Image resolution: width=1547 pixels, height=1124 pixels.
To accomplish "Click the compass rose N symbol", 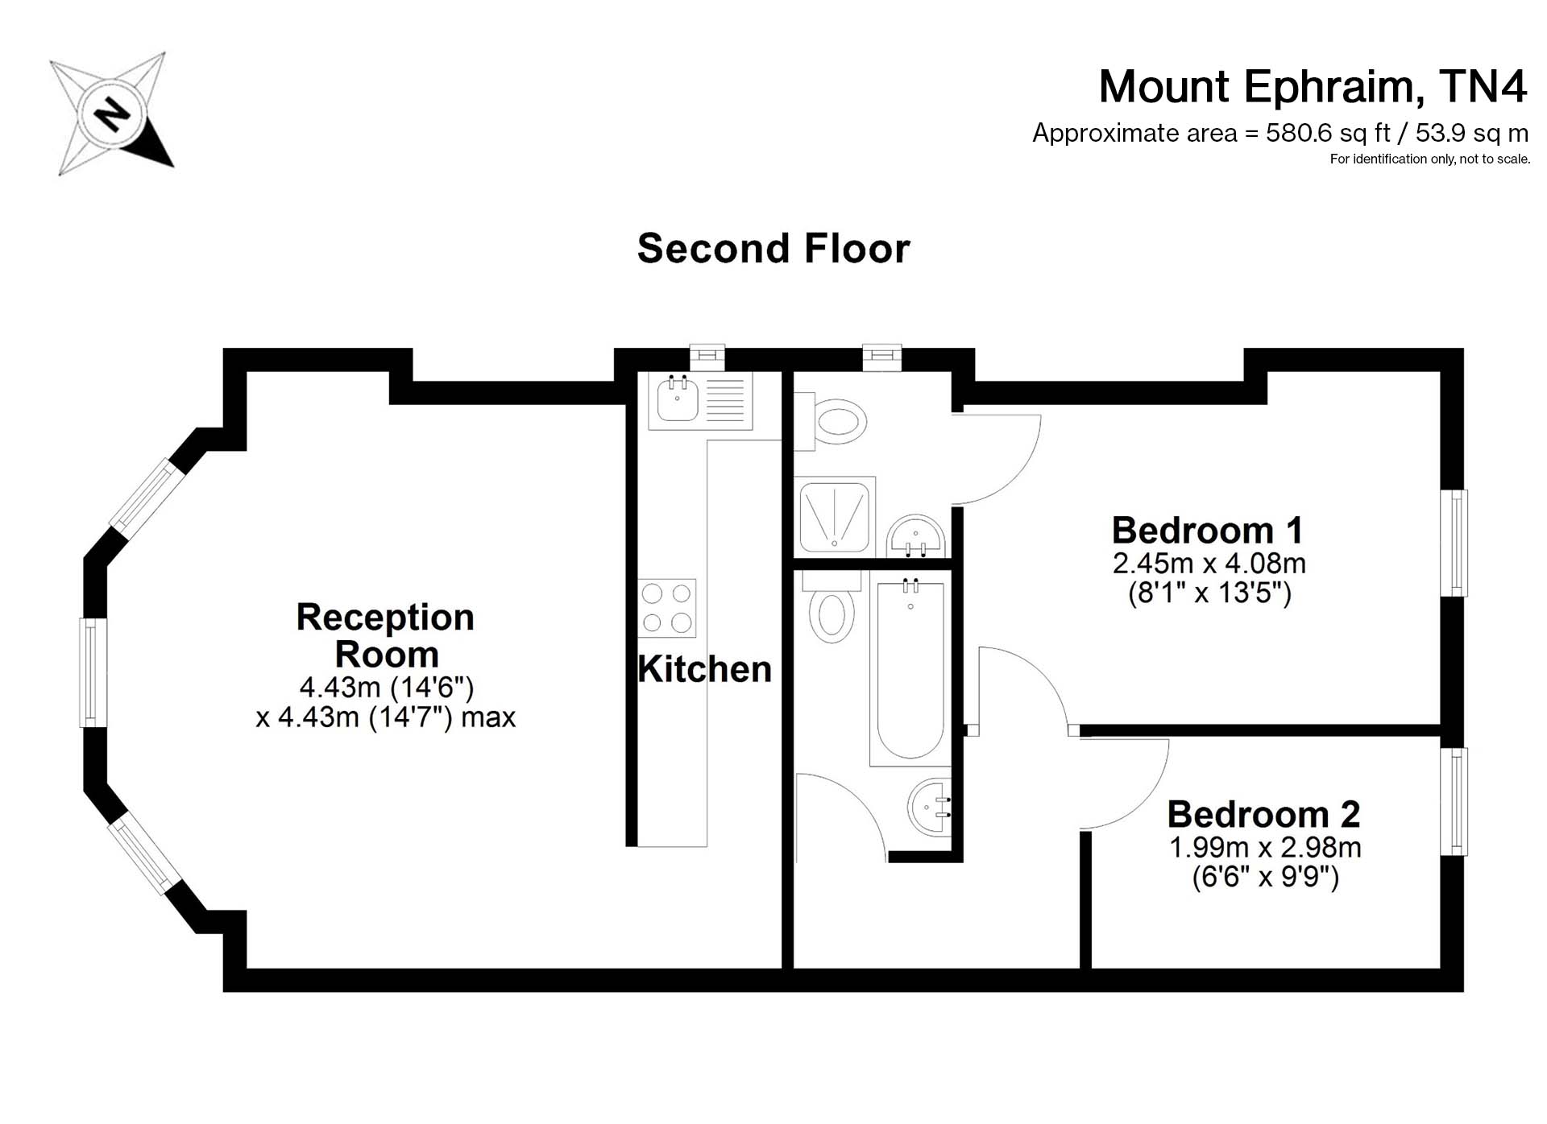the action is pyautogui.click(x=112, y=114).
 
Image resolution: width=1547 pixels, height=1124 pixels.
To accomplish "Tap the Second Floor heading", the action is pyautogui.click(x=773, y=248).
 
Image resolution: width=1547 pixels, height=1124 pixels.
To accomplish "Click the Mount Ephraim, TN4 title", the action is pyautogui.click(x=1313, y=87).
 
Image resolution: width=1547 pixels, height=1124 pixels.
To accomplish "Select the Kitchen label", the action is pyautogui.click(x=704, y=669).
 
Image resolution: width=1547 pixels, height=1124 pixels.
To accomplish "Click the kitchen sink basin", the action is pyautogui.click(x=677, y=399).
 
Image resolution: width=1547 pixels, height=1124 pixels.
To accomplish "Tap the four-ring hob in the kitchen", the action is pyautogui.click(x=666, y=608).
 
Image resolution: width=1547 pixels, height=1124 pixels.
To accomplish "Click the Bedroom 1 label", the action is pyautogui.click(x=1207, y=531).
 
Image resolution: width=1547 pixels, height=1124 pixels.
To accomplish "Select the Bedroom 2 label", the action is pyautogui.click(x=1263, y=815).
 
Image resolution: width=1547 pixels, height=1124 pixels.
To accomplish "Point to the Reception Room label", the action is pyautogui.click(x=386, y=635).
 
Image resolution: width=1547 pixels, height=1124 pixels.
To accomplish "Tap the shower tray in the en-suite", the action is pyautogui.click(x=835, y=514).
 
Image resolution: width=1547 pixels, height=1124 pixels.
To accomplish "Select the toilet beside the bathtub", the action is pyautogui.click(x=832, y=608).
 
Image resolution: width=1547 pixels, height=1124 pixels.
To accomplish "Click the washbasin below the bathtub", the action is pyautogui.click(x=930, y=808).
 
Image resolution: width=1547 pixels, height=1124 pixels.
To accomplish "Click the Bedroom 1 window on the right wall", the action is pyautogui.click(x=1454, y=543).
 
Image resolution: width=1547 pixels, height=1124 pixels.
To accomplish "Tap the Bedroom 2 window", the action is pyautogui.click(x=1454, y=801).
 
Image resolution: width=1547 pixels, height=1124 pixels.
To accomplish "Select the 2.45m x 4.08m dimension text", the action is pyautogui.click(x=1209, y=564).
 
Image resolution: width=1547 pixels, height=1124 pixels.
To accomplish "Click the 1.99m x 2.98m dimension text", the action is pyautogui.click(x=1265, y=848).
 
